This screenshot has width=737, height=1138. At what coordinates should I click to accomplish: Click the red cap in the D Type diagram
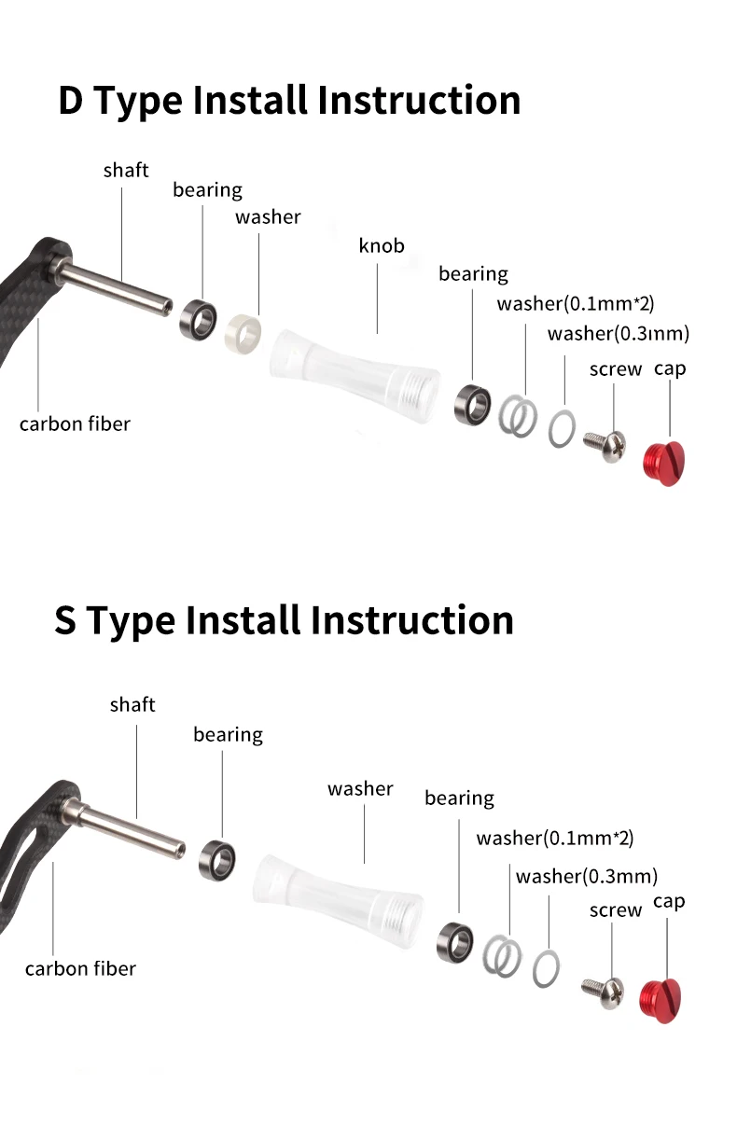(x=664, y=464)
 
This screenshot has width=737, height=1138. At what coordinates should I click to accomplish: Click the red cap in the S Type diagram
(x=660, y=1000)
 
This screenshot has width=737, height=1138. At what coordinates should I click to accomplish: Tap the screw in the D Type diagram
(x=605, y=446)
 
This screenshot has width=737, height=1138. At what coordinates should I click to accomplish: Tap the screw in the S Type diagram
(x=604, y=992)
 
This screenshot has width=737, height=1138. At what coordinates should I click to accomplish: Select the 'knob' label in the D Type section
(x=382, y=246)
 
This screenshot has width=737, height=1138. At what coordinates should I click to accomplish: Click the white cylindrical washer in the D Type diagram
(x=243, y=333)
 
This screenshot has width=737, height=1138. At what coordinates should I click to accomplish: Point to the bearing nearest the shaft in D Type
(x=198, y=320)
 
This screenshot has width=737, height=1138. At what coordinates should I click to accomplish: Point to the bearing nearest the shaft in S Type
(x=217, y=860)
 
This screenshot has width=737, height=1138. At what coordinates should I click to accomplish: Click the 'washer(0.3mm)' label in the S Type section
(x=587, y=877)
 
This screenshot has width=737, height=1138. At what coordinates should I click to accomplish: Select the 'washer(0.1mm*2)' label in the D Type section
(x=576, y=304)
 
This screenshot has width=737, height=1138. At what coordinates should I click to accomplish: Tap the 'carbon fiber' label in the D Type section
(x=75, y=423)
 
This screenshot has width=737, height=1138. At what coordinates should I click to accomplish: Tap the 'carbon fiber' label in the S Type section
(x=80, y=968)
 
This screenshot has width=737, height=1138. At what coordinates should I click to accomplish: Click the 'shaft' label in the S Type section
(x=132, y=704)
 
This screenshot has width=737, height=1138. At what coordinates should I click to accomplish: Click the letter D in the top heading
(x=71, y=101)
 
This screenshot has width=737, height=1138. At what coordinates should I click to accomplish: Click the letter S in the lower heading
(x=65, y=620)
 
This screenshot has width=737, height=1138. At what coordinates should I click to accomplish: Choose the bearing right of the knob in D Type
(x=473, y=405)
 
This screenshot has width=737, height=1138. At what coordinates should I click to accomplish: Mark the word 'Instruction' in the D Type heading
(x=419, y=100)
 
